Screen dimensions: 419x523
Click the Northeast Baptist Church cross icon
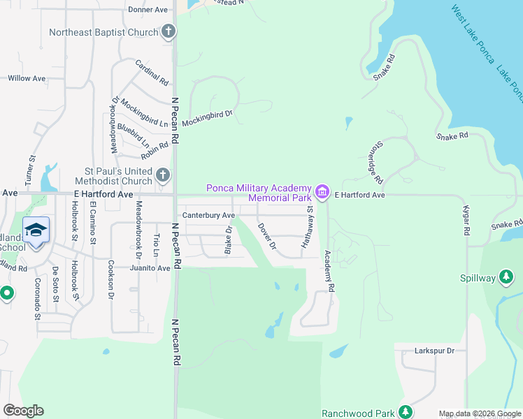pyautogui.click(x=169, y=31)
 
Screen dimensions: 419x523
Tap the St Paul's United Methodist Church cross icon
pyautogui.click(x=163, y=175)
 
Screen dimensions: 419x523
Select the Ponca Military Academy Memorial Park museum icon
pyautogui.click(x=322, y=191)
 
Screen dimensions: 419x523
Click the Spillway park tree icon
pyautogui.click(x=507, y=277)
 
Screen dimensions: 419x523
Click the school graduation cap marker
pyautogui.click(x=36, y=230)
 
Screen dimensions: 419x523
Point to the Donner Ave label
pyautogui.click(x=149, y=10)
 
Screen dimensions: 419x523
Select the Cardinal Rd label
pyautogui.click(x=152, y=72)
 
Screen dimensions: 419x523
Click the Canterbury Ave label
pyautogui.click(x=208, y=215)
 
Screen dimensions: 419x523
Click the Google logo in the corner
pyautogui.click(x=24, y=411)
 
